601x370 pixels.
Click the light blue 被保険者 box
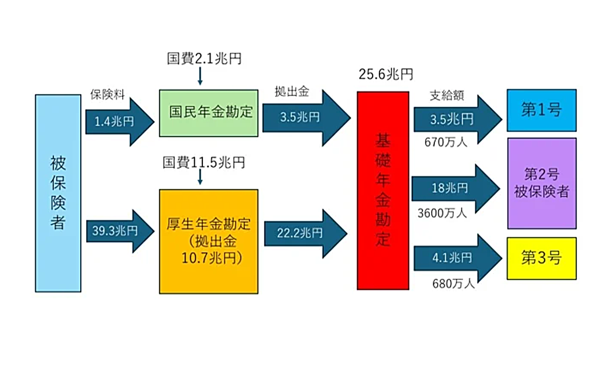click(58, 193)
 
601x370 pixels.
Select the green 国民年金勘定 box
click(209, 113)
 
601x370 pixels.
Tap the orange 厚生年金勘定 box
click(209, 241)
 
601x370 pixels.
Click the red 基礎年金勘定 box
click(383, 190)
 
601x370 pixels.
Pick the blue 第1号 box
click(541, 110)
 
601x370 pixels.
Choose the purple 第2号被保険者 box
click(541, 183)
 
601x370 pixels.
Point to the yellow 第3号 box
click(541, 258)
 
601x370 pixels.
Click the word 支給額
click(447, 96)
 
